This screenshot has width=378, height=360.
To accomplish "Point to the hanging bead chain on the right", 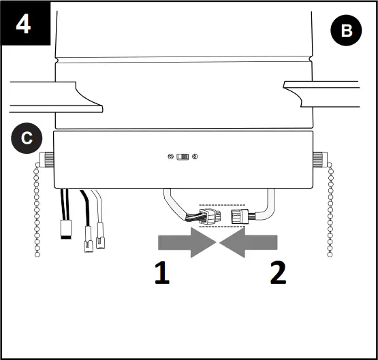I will click(330, 211).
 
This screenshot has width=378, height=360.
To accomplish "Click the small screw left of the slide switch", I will click(170, 157).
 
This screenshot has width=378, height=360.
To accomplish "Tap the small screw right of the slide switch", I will click(196, 157).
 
